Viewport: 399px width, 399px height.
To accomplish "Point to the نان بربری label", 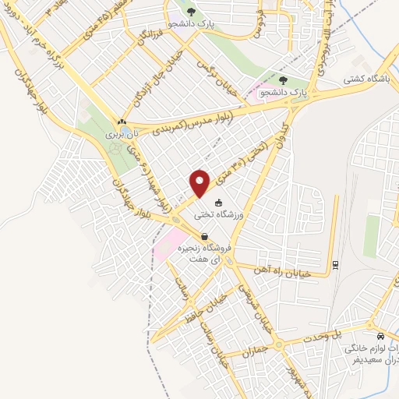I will pyautogui.click(x=121, y=134).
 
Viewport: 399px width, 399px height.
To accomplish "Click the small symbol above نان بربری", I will pyautogui.click(x=121, y=122).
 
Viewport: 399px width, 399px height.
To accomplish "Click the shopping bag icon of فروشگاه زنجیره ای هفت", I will pyautogui.click(x=204, y=236).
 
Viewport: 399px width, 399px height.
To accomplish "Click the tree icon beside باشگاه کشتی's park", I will pyautogui.click(x=284, y=79).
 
